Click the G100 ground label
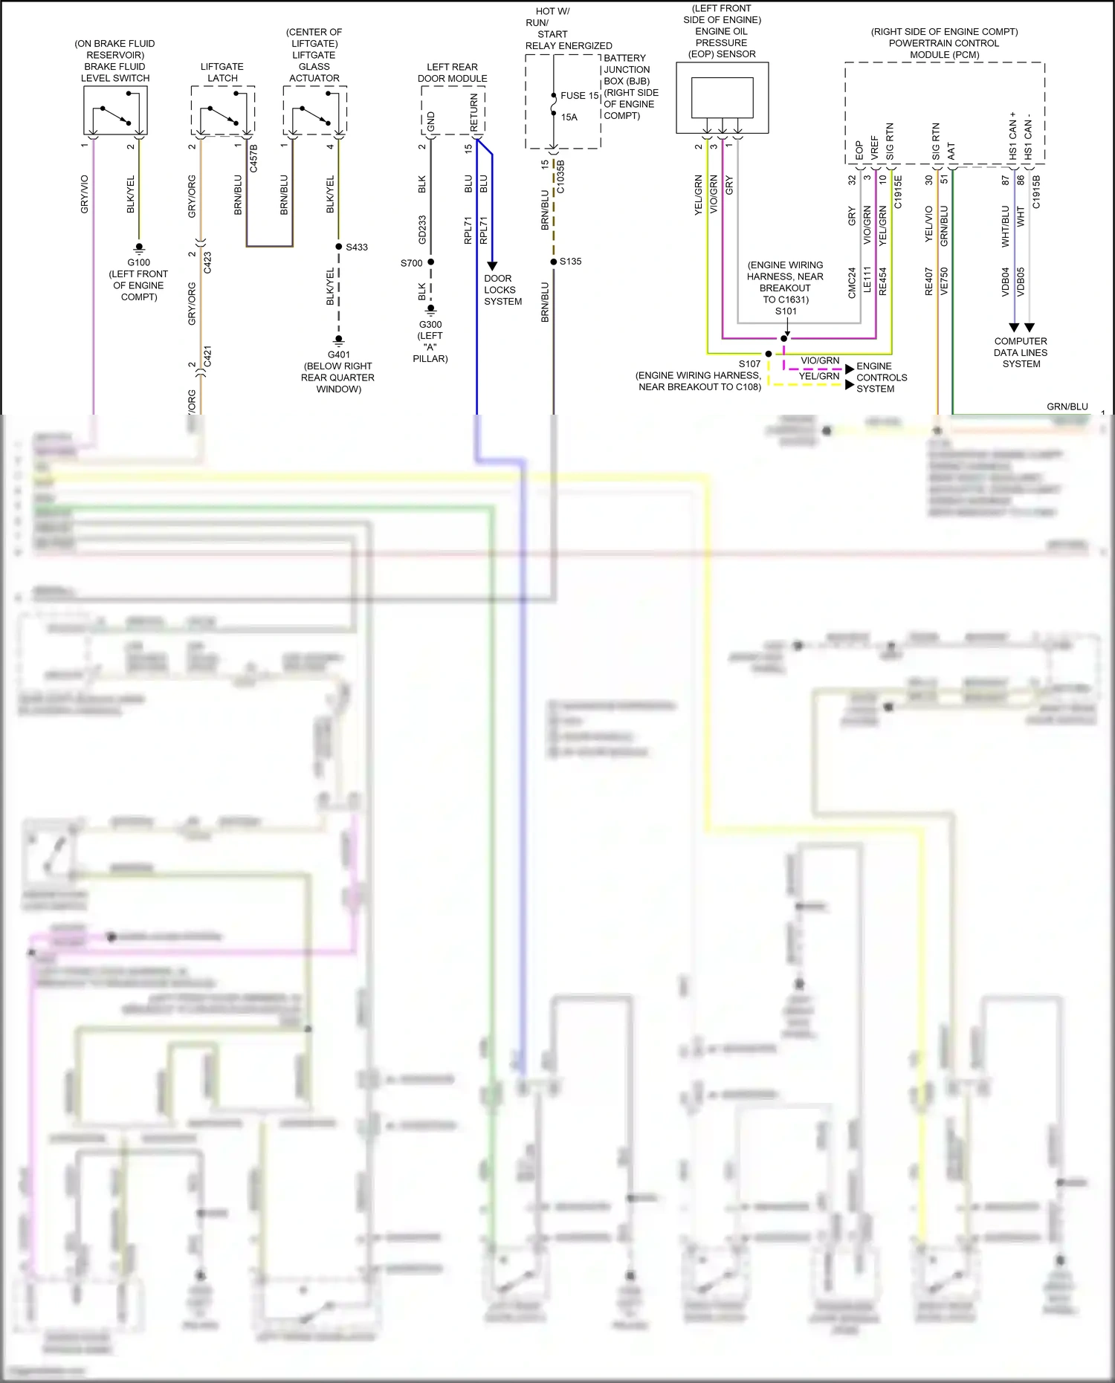pyautogui.click(x=138, y=262)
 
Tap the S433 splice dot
pyautogui.click(x=339, y=247)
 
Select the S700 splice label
pyautogui.click(x=411, y=263)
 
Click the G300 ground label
pyautogui.click(x=430, y=325)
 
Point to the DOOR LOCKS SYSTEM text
pyautogui.click(x=502, y=290)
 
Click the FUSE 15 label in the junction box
pyautogui.click(x=579, y=96)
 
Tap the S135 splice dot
pyautogui.click(x=554, y=262)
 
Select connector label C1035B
pyautogui.click(x=561, y=177)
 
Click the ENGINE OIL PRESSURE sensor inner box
pyautogui.click(x=722, y=97)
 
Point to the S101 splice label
pyautogui.click(x=786, y=311)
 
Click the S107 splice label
pyautogui.click(x=749, y=364)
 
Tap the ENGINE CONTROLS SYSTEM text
pyautogui.click(x=881, y=378)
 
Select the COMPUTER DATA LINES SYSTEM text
pyautogui.click(x=1021, y=353)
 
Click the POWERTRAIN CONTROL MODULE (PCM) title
pyautogui.click(x=944, y=43)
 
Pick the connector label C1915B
pyautogui.click(x=1037, y=192)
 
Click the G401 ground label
pyautogui.click(x=338, y=355)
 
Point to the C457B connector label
pyautogui.click(x=253, y=158)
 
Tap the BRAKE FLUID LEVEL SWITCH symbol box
pyautogui.click(x=115, y=110)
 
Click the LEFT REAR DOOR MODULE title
pyautogui.click(x=452, y=72)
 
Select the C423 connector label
pyautogui.click(x=208, y=262)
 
